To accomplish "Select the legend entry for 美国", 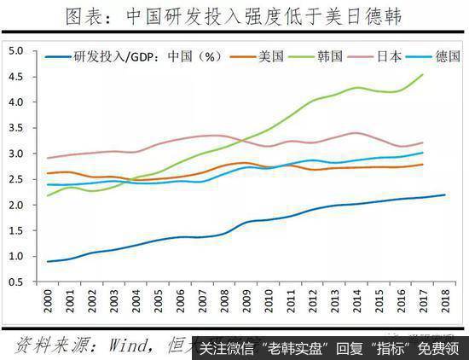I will click(x=271, y=56).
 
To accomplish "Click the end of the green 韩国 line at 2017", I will click(x=424, y=74).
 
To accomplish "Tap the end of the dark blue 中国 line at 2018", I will click(x=445, y=195).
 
